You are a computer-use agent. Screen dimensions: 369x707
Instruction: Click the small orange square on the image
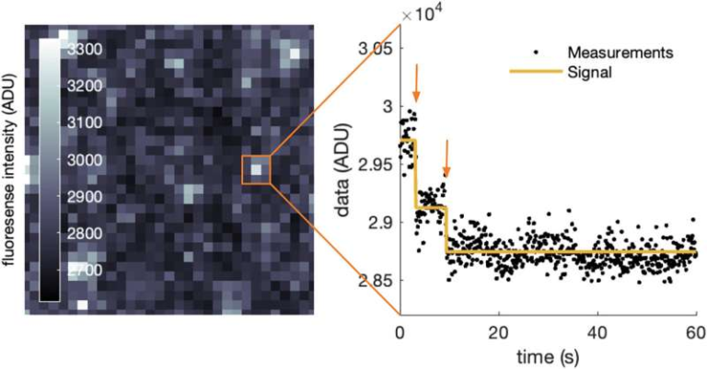click(257, 170)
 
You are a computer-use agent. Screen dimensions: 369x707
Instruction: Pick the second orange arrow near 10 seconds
click(446, 158)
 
